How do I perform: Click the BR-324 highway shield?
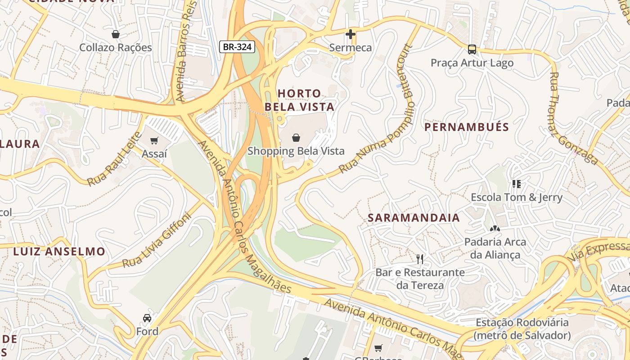[x=238, y=46]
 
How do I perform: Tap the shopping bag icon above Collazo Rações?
[x=116, y=34]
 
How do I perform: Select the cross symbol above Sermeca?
[x=351, y=34]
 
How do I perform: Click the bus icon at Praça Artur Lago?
[x=472, y=49]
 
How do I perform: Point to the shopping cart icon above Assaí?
[x=154, y=141]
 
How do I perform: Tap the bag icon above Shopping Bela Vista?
[x=296, y=138]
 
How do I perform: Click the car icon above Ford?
[x=147, y=318]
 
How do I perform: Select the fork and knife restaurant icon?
[x=420, y=259]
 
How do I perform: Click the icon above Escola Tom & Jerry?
[x=516, y=184]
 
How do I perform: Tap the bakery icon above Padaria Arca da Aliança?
[x=495, y=229]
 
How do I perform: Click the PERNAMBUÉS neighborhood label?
[x=467, y=127]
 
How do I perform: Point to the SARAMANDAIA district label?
[x=414, y=218]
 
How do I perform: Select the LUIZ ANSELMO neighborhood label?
[x=59, y=252]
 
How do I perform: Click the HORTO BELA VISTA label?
[x=299, y=100]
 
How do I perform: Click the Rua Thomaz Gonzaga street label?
[x=573, y=119]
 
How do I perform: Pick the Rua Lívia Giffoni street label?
[x=157, y=240]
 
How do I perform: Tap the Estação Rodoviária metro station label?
[x=522, y=329]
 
